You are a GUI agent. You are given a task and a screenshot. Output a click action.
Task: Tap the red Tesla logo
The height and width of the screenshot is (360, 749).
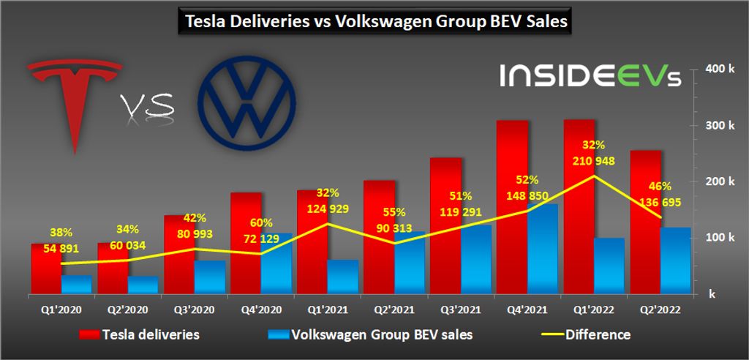click(73, 95)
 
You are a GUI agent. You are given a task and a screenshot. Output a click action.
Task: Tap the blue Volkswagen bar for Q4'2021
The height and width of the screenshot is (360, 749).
click(542, 249)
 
